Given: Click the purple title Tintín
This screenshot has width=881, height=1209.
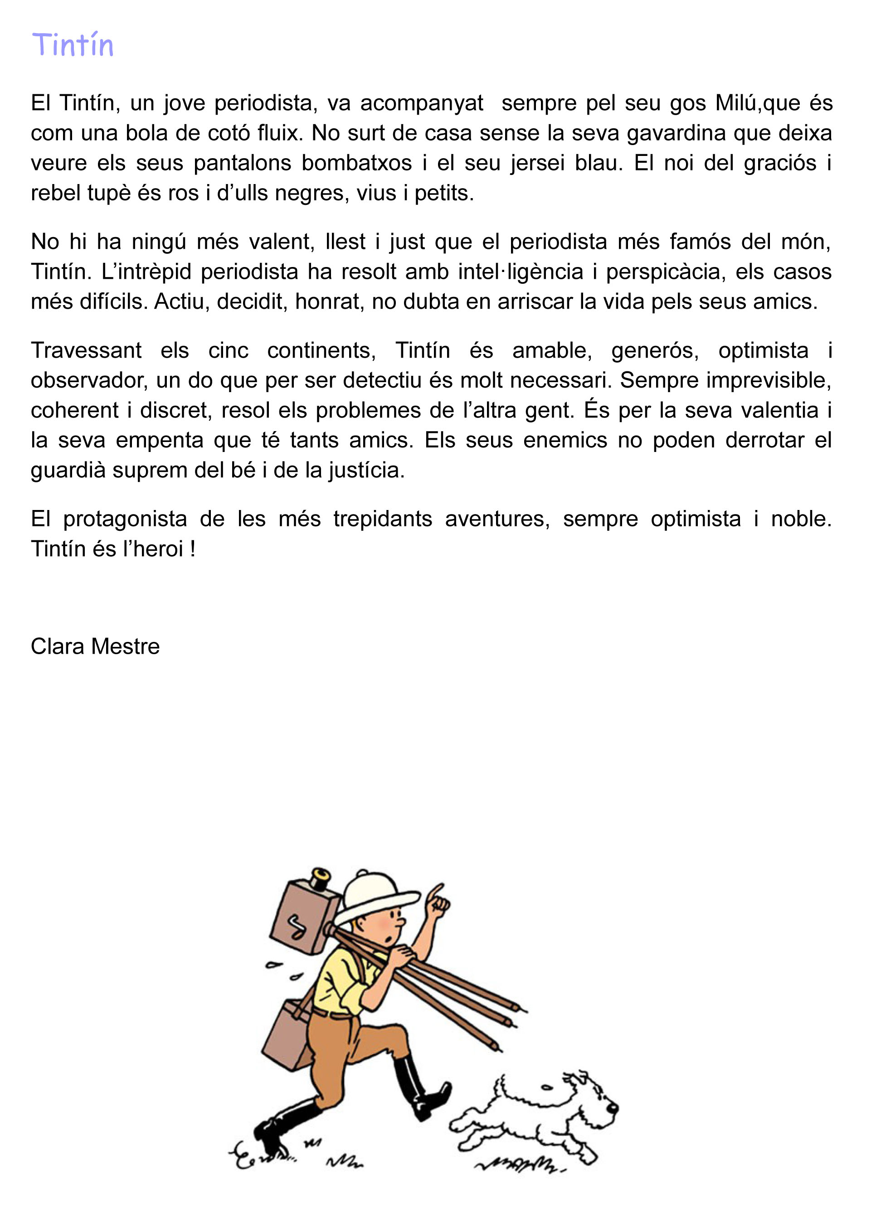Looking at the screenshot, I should point(73,45).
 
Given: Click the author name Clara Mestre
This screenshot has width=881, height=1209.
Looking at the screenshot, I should point(95,646).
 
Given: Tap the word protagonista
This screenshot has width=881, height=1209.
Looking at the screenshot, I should point(125,519).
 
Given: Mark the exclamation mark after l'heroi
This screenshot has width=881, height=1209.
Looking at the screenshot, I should point(192,549).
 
